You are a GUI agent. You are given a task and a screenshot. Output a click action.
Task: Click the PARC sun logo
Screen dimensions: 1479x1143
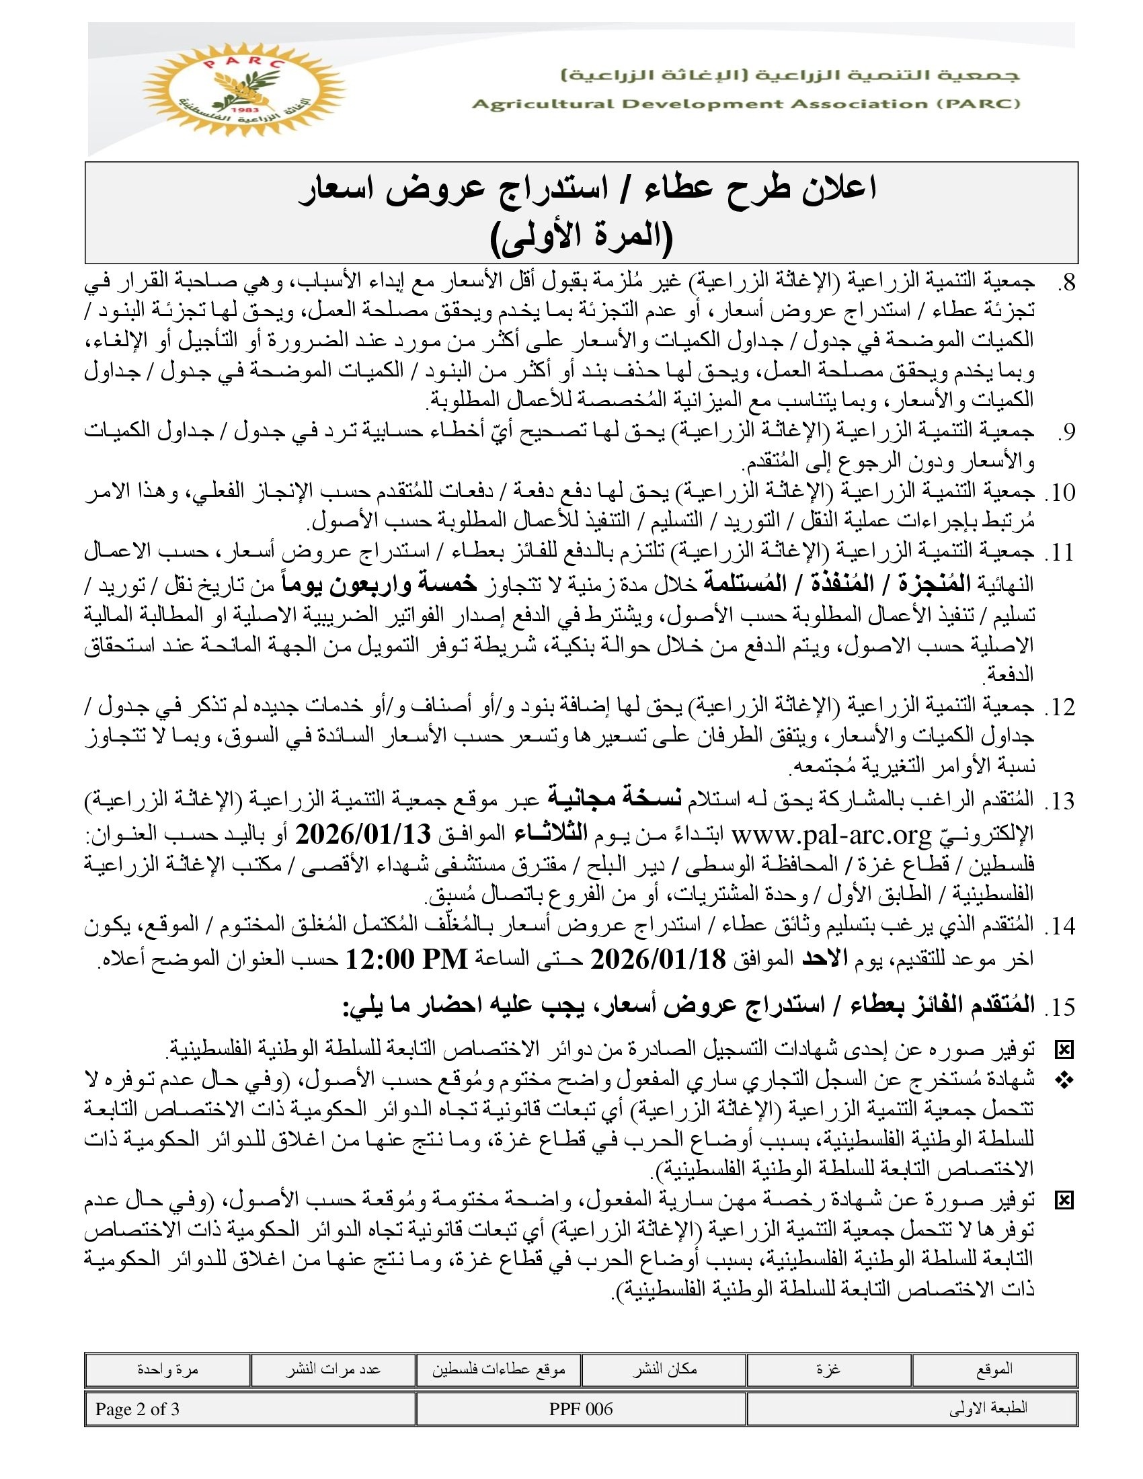(244, 89)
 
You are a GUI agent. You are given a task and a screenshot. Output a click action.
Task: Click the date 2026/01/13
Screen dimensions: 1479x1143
(363, 834)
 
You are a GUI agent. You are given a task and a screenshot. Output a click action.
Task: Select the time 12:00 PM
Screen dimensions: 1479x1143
(407, 959)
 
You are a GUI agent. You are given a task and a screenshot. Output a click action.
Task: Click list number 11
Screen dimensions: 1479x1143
(1060, 553)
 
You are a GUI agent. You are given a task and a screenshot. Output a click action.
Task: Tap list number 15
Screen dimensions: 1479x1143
(1060, 1007)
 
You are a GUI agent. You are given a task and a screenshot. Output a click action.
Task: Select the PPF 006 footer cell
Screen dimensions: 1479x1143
(581, 1409)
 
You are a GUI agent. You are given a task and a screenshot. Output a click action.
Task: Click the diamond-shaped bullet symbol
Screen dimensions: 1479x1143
(1065, 1082)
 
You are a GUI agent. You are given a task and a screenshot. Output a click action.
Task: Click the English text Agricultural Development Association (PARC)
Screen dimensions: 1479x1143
(746, 104)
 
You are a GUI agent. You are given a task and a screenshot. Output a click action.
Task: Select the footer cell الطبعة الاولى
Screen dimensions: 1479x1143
(988, 1409)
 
